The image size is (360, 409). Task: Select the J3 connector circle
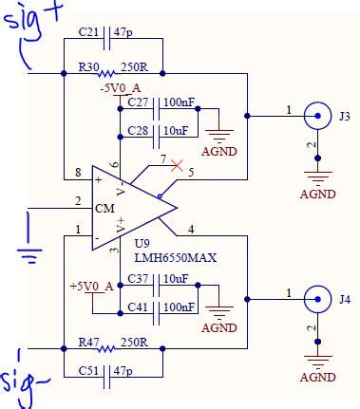pyautogui.click(x=318, y=117)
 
